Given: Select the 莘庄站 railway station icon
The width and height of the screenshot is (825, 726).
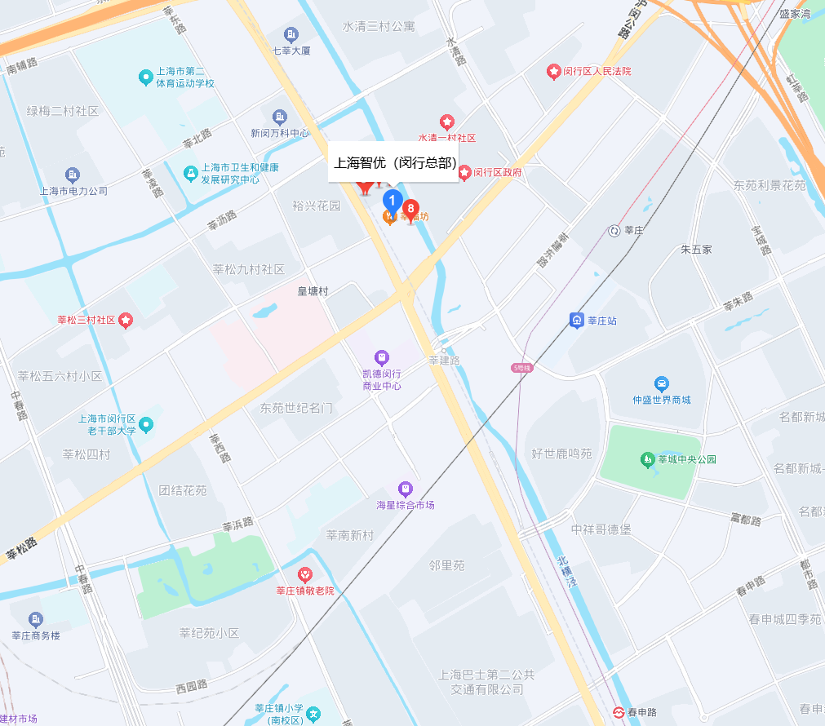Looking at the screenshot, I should pyautogui.click(x=576, y=321).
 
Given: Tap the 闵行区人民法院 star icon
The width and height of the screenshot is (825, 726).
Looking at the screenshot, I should pyautogui.click(x=553, y=72).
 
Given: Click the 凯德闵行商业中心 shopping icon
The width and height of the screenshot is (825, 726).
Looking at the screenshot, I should pyautogui.click(x=381, y=356).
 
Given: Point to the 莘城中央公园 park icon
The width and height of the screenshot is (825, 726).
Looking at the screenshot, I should pyautogui.click(x=648, y=459).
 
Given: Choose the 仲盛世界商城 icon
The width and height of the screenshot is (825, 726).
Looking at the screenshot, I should pyautogui.click(x=661, y=383).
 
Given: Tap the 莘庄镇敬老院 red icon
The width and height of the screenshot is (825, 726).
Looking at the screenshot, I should pyautogui.click(x=304, y=574).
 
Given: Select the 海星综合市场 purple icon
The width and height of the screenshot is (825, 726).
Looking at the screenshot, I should pyautogui.click(x=405, y=489).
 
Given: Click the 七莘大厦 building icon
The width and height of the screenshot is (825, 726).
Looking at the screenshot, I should pyautogui.click(x=291, y=34).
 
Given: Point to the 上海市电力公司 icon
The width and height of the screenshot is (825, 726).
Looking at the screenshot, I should pyautogui.click(x=73, y=175).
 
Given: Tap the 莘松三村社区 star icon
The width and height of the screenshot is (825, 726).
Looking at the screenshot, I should pyautogui.click(x=126, y=320).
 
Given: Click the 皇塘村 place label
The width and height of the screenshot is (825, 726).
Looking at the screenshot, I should pyautogui.click(x=313, y=291).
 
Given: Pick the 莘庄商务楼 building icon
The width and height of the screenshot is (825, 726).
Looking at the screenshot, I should pyautogui.click(x=35, y=620).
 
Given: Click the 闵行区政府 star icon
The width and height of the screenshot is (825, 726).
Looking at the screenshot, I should pyautogui.click(x=464, y=173).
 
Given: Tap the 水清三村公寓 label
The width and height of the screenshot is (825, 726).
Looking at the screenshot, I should pyautogui.click(x=378, y=26).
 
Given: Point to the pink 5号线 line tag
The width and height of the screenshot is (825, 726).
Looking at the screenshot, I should pyautogui.click(x=522, y=369).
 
